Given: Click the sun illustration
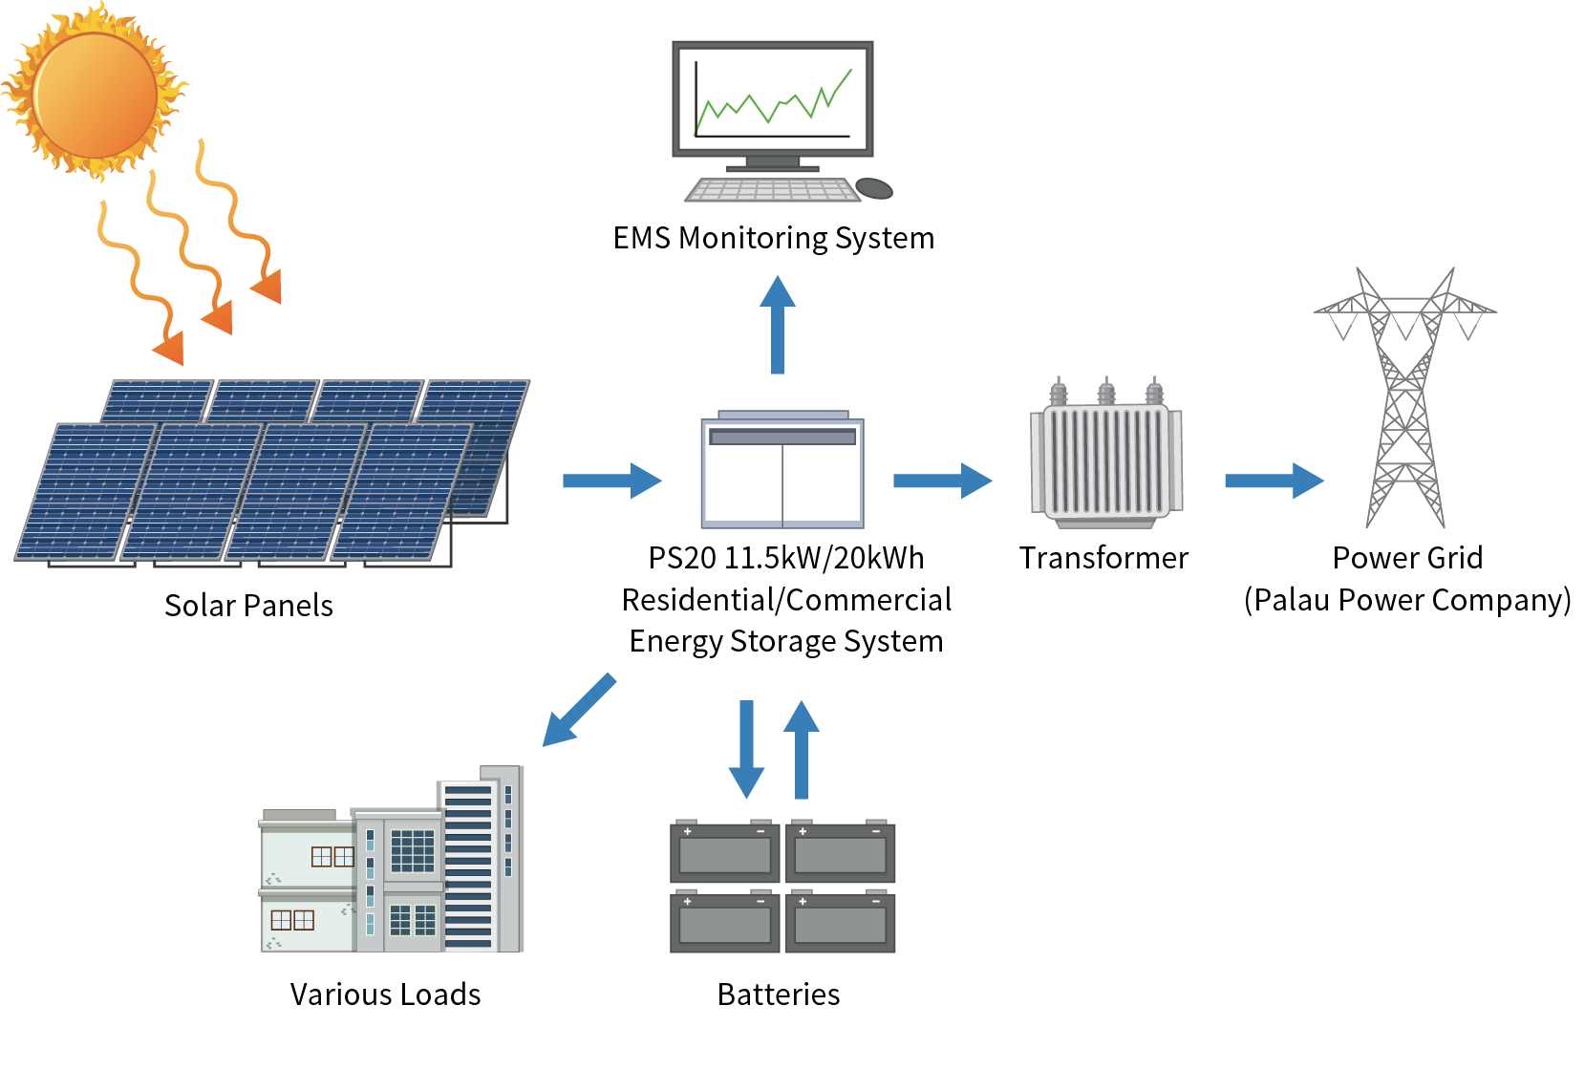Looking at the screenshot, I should (94, 94).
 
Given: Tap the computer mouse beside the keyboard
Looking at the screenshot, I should (873, 187).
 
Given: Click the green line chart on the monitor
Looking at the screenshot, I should (773, 99).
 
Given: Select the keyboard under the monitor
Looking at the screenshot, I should (772, 189).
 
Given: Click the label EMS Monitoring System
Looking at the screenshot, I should (773, 238).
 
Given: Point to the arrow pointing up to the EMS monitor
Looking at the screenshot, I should (778, 325).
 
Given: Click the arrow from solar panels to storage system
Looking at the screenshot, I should (611, 480).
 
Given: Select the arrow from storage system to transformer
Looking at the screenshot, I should (942, 480).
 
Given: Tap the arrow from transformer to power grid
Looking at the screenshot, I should (1274, 480).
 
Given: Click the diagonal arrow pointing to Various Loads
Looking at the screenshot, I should (579, 710).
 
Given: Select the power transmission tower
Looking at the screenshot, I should (1404, 401).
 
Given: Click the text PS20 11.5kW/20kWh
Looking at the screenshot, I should (785, 558).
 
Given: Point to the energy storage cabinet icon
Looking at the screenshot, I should (782, 472).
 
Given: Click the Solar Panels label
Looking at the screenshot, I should (248, 606).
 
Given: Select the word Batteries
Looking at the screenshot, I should (779, 995).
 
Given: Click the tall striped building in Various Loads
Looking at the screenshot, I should (468, 865).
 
